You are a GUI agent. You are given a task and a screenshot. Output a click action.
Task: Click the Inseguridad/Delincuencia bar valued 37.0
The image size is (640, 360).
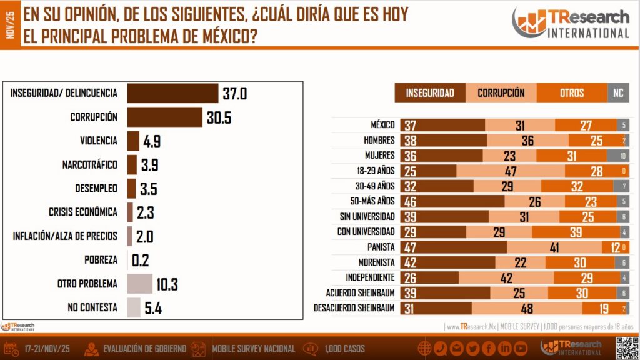pyautogui.click(x=172, y=93)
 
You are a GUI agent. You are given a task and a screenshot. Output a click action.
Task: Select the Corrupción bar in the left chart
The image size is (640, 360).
pyautogui.click(x=164, y=117)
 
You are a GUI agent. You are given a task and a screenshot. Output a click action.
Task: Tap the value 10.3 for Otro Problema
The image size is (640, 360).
pyautogui.click(x=167, y=284)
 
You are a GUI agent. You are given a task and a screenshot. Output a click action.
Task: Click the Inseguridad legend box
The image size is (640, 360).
pyautogui.click(x=430, y=93)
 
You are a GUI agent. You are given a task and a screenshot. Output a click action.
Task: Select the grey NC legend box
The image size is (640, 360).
pyautogui.click(x=618, y=93)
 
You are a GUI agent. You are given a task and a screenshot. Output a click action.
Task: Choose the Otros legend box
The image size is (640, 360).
pyautogui.click(x=571, y=93)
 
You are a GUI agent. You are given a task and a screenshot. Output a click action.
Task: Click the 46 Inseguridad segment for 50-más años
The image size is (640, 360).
pyautogui.click(x=452, y=201)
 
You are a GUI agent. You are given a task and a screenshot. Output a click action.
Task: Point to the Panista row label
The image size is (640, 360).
pyautogui.click(x=381, y=247)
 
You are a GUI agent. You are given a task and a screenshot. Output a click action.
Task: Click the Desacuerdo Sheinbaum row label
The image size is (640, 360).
pyautogui.click(x=354, y=308)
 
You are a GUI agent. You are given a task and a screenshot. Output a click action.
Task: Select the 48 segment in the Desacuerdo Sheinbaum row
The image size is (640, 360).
pyautogui.click(x=527, y=308)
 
